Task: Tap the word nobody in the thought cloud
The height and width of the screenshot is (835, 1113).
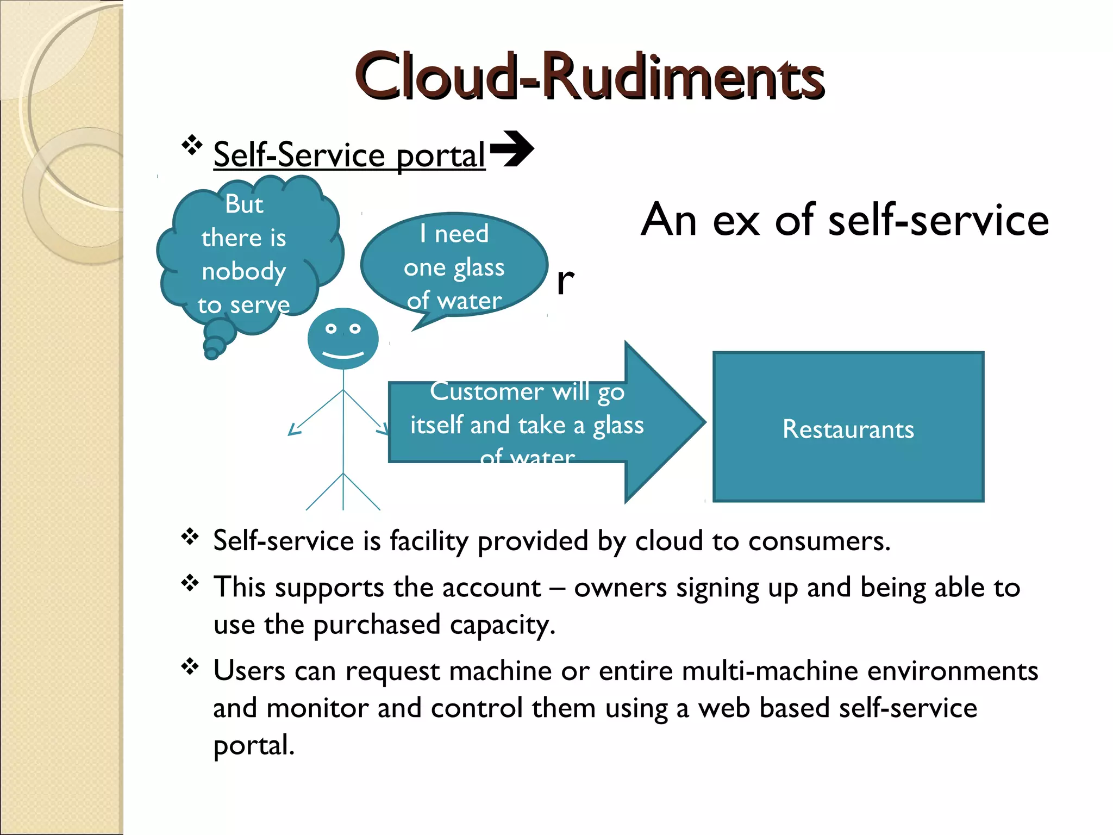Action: (x=243, y=271)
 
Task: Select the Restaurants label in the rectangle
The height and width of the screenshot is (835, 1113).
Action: (x=848, y=429)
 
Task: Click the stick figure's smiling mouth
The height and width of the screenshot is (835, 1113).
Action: (x=343, y=355)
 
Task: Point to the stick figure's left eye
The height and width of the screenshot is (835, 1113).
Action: (x=330, y=328)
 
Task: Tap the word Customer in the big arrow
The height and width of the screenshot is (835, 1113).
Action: (x=486, y=391)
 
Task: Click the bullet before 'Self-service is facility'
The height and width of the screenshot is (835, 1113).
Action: (x=190, y=537)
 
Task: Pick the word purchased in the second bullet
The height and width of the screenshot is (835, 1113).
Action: (x=376, y=625)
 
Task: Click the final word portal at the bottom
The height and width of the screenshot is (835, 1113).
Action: (x=253, y=745)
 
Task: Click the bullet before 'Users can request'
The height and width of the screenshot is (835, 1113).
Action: (x=190, y=666)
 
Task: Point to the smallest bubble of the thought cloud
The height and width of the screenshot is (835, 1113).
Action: (x=211, y=354)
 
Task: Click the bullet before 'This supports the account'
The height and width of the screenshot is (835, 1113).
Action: (x=190, y=583)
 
